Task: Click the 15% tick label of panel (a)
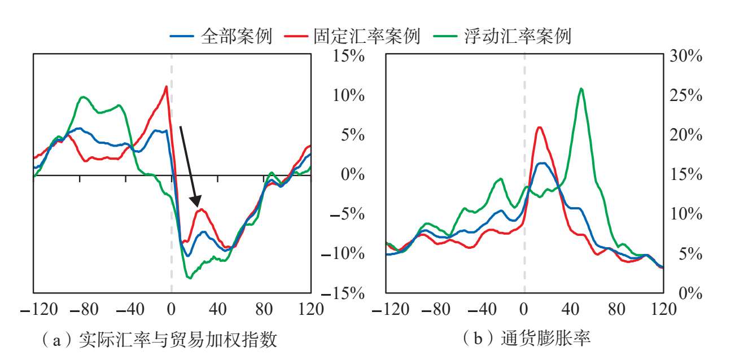click(x=348, y=56)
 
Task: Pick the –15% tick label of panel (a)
click(x=343, y=293)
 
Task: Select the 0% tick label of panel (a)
click(x=353, y=174)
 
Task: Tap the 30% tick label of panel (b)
click(x=686, y=56)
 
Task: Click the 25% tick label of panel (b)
click(x=686, y=95)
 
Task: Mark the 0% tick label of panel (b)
click(x=690, y=293)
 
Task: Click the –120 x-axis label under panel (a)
click(x=39, y=309)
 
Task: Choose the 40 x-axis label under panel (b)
click(x=570, y=309)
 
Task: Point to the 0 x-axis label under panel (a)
click(x=171, y=309)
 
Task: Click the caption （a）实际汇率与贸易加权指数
click(x=159, y=339)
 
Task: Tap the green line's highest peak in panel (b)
click(x=581, y=89)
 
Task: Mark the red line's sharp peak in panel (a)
click(x=166, y=86)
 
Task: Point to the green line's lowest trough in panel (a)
click(x=189, y=278)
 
